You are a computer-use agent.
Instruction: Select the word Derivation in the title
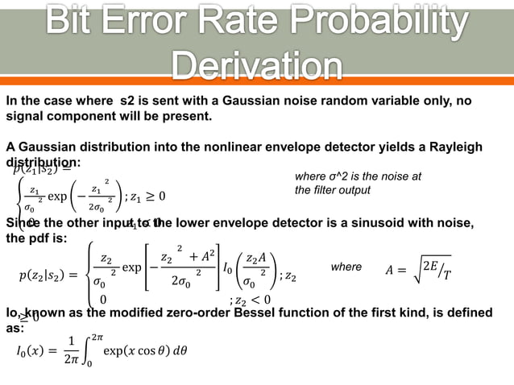pos(256,66)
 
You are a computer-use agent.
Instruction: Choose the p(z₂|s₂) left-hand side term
pos(45,276)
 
